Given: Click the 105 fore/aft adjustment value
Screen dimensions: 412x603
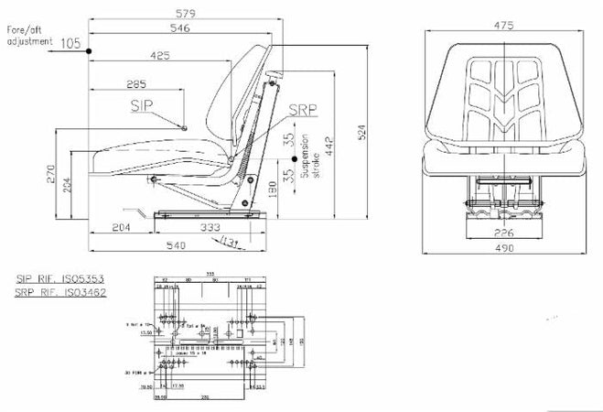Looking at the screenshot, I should click(x=70, y=43).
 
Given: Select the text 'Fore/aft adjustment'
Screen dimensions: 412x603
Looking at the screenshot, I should click(x=27, y=37).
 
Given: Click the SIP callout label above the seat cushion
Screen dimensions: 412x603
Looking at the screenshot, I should click(x=142, y=106).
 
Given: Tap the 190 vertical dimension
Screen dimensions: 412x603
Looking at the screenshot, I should click(x=274, y=190).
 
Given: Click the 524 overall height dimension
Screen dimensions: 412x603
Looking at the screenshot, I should click(x=362, y=133).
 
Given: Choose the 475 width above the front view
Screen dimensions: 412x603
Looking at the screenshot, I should click(x=502, y=26).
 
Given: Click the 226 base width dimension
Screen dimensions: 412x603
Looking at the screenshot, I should click(x=503, y=233).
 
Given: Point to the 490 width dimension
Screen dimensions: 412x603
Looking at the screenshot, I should click(x=503, y=247).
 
